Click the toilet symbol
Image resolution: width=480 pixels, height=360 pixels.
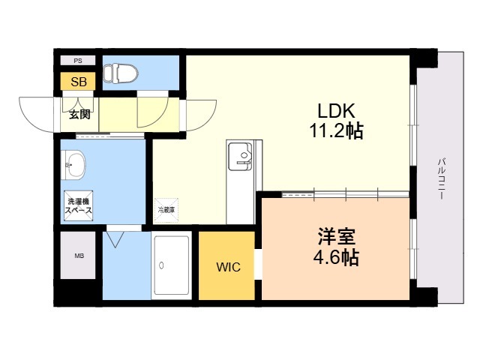(x=120, y=73)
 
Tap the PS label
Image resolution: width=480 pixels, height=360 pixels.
(x=78, y=61)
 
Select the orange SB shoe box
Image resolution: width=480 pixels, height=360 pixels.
(x=78, y=82)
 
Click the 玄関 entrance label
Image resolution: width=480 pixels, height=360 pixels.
(x=79, y=115)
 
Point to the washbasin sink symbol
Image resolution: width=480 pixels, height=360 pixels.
(x=73, y=164)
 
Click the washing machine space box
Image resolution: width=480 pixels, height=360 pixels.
(x=78, y=205)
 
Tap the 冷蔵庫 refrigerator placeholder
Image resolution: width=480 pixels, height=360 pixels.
(x=166, y=210)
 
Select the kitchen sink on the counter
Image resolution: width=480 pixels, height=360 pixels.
(x=240, y=157)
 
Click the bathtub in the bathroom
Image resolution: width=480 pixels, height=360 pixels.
(x=172, y=265)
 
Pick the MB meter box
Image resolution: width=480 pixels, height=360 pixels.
(x=78, y=255)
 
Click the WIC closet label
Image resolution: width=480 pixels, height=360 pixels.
(x=228, y=267)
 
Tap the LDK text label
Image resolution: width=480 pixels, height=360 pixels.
(x=336, y=111)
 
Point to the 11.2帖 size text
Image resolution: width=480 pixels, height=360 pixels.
(x=336, y=131)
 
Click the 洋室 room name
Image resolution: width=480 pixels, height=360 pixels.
(x=336, y=237)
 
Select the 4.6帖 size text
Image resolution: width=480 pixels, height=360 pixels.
(x=336, y=257)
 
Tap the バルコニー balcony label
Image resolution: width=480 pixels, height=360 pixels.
(x=441, y=179)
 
